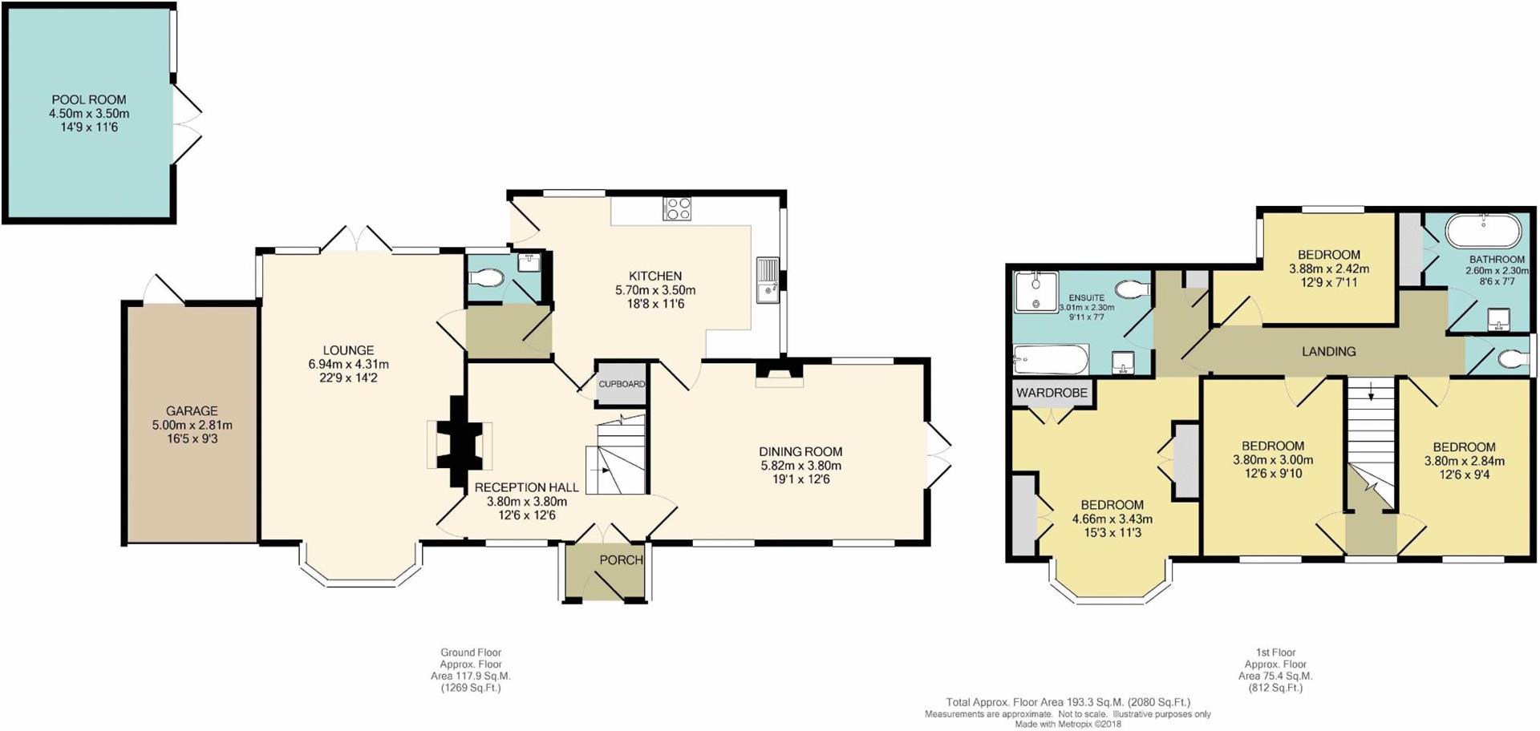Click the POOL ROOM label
tap(89, 100)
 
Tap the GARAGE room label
tap(192, 411)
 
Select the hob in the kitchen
tap(677, 208)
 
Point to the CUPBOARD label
tap(622, 384)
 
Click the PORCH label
tap(622, 559)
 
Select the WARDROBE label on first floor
tap(1052, 393)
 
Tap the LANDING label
tap(1329, 351)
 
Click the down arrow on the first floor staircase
tap(1370, 392)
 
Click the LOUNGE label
tap(348, 350)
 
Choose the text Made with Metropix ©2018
tap(1068, 724)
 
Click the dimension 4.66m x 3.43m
tap(1112, 519)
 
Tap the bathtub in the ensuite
tap(1051, 360)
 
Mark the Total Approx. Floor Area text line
tap(1068, 703)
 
